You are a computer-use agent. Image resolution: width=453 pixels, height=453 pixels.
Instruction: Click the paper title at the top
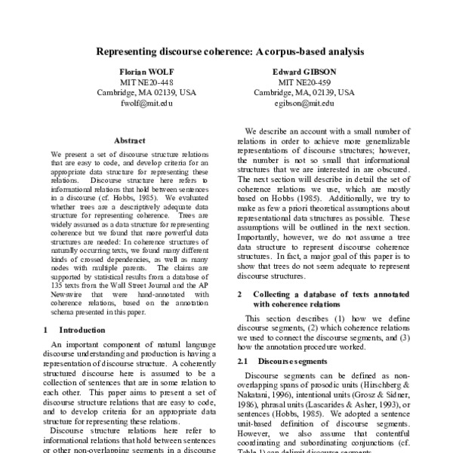[230, 53]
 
